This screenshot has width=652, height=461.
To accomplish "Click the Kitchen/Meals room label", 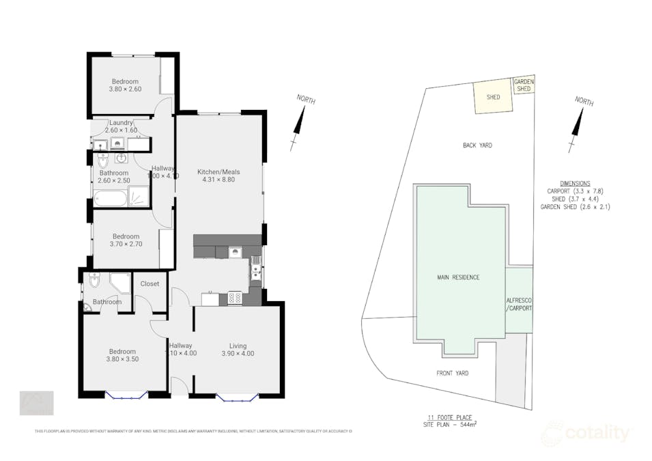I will coord(218,171).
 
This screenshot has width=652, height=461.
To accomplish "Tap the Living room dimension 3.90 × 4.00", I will coord(238,354).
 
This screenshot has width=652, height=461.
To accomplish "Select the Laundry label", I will coord(121,122).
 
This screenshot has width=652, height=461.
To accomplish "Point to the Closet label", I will coord(150,283).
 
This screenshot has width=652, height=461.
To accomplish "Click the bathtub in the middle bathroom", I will coord(110,199).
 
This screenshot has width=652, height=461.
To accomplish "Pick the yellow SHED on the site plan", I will coord(493,98).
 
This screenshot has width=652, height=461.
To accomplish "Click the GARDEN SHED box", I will coord(524,85).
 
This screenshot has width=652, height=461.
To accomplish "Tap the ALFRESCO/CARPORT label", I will coord(519,304).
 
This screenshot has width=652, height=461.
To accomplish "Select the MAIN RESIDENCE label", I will coord(458,277).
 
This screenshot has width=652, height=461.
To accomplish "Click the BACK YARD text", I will coord(477,145).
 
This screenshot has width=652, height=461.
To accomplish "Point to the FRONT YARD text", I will coord(453,374).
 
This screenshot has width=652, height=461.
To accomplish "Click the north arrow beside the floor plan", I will coord(298,123).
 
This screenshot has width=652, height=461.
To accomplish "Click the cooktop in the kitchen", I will coord(234,297).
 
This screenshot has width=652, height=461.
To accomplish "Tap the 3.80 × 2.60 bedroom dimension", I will coord(125,89).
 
